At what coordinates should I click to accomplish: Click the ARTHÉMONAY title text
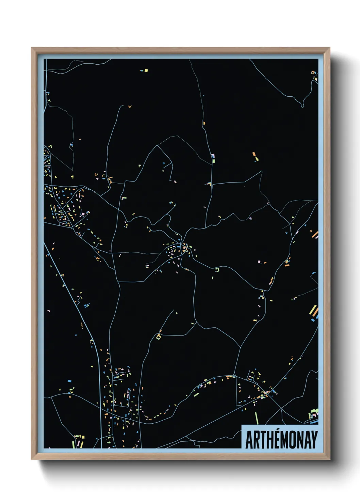[x=281, y=440]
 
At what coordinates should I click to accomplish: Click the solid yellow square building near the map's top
[x=146, y=70]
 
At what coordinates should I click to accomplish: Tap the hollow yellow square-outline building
[x=158, y=337]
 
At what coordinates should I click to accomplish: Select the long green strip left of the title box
[x=257, y=418]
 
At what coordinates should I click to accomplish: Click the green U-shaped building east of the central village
[x=217, y=270]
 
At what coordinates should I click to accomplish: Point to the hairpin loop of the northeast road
[x=302, y=104]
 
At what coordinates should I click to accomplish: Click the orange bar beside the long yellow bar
[x=316, y=312]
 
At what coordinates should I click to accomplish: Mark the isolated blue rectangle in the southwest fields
[x=69, y=380]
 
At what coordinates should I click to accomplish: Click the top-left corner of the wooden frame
[x=32, y=48]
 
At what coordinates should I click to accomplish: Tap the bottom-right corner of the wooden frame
[x=329, y=459]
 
